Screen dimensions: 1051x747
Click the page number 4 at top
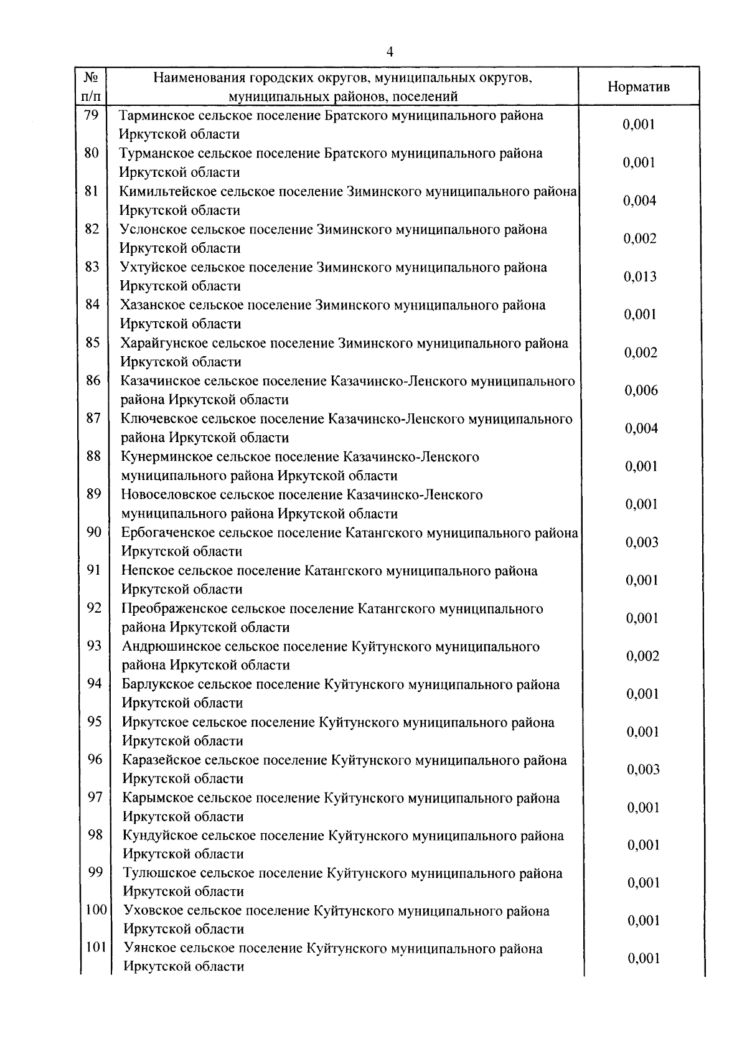click(x=390, y=52)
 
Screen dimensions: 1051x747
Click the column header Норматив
click(x=639, y=87)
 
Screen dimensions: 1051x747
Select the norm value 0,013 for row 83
click(x=640, y=277)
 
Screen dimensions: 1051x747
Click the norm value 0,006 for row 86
click(x=641, y=391)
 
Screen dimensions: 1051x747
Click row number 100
click(x=96, y=911)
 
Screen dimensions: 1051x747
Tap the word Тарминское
click(x=151, y=116)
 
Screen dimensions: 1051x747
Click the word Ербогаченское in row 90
click(x=161, y=533)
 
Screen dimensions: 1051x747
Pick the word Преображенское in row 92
click(x=164, y=609)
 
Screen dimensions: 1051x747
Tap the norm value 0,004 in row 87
click(x=641, y=429)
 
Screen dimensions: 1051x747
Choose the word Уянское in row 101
click(x=146, y=949)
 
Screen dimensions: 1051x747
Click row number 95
click(x=95, y=722)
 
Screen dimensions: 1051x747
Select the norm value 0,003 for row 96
click(x=643, y=770)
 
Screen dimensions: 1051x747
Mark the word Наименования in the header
click(x=199, y=78)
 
